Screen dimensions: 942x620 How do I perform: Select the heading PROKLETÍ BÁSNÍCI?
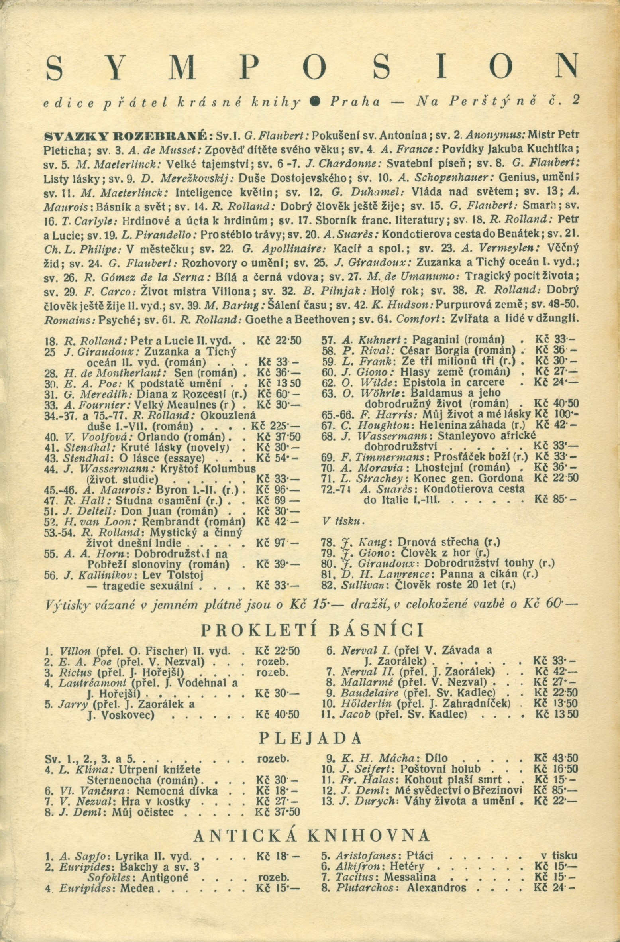pos(312,630)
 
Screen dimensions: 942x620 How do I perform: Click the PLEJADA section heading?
pos(310,738)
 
